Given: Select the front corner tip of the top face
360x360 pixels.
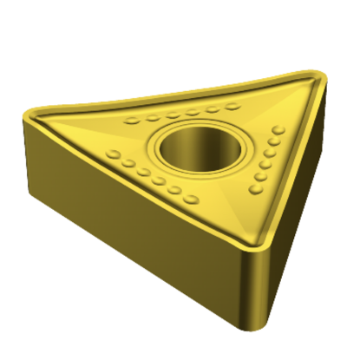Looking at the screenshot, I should pos(253,245).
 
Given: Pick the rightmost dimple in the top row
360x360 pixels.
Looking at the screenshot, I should pos(232,107).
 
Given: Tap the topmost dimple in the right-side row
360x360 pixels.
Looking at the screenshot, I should pos(278,130).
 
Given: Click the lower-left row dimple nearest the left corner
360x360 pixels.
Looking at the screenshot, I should pos(114,154).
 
